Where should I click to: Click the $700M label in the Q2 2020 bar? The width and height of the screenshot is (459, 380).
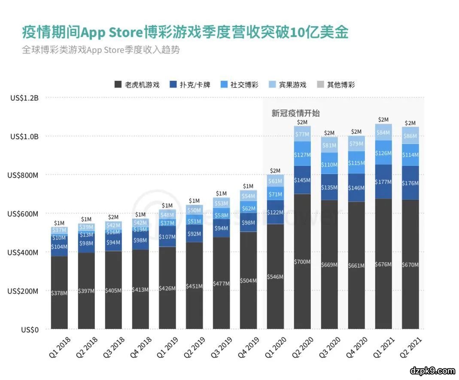point(302,261)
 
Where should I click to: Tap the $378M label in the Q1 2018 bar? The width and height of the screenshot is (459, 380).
point(59,293)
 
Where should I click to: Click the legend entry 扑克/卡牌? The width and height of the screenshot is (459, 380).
point(196,85)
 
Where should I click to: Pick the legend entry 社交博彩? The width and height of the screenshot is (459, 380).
point(244,85)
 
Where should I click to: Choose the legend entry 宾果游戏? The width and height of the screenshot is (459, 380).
point(292,85)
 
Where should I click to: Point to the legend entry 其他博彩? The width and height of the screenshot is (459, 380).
point(340,85)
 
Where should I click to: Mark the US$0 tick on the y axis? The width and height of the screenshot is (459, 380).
point(30,330)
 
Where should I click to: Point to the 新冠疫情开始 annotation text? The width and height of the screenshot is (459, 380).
point(295,113)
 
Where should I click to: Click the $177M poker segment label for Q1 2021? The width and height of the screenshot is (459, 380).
point(383,182)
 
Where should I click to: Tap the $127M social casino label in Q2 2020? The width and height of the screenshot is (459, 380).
point(302,155)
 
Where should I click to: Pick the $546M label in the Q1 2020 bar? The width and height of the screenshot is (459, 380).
point(275,277)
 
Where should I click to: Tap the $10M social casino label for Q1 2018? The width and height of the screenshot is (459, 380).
point(59,237)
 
